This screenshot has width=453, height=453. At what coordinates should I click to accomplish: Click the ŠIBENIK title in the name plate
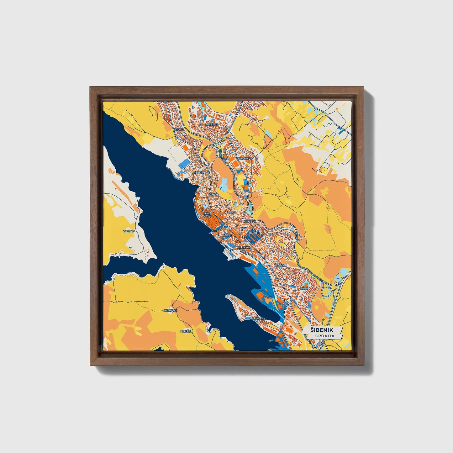click(x=322, y=330)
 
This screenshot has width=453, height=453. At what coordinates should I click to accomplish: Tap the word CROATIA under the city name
click(x=324, y=336)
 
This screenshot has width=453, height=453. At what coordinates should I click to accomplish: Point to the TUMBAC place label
click(x=129, y=231)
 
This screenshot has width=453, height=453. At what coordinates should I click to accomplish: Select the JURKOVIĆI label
click(x=171, y=310)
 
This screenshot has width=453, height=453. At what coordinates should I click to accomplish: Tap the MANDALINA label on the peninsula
click(x=257, y=319)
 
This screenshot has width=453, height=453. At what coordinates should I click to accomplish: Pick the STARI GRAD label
click(x=207, y=214)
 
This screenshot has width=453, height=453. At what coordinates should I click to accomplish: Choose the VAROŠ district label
click(x=230, y=212)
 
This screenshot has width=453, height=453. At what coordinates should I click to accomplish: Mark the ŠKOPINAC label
click(x=249, y=221)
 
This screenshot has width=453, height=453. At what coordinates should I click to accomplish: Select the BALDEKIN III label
click(x=280, y=266)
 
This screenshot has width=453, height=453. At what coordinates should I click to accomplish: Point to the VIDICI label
click(x=304, y=288)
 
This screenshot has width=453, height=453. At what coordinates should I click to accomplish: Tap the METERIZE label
click(x=212, y=124)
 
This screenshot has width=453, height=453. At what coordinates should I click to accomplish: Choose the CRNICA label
click(x=199, y=172)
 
